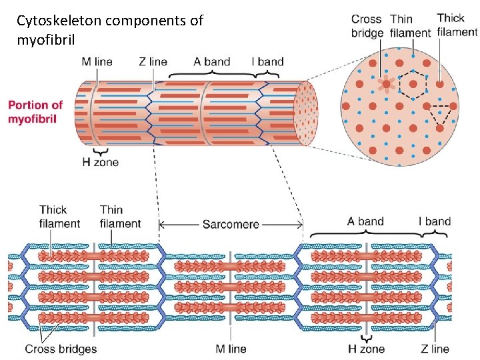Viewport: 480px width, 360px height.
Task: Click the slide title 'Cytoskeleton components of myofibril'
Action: [x=110, y=30]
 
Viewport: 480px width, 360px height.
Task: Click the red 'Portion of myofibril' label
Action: [x=35, y=112]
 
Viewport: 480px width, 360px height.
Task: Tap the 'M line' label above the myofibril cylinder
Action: [x=97, y=62]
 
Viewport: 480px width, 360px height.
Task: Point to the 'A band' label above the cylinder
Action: [x=213, y=62]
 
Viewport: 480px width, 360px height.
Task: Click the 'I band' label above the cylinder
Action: [x=267, y=62]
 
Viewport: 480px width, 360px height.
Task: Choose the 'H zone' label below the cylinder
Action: [x=101, y=161]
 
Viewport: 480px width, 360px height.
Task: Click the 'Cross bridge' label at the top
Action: [x=367, y=26]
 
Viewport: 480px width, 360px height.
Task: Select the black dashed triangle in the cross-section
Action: [x=439, y=114]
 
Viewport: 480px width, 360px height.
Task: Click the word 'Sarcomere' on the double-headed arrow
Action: [x=231, y=225]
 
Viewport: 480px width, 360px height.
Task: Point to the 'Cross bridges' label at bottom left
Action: [x=61, y=349]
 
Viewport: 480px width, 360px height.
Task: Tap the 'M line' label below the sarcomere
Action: [x=231, y=349]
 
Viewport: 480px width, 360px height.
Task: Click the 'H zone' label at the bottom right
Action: [x=367, y=349]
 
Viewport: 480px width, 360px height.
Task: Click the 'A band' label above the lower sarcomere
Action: [x=365, y=221]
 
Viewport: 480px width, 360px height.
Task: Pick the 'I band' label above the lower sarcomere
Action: [x=434, y=221]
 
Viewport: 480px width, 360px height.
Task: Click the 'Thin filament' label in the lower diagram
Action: [x=121, y=217]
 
